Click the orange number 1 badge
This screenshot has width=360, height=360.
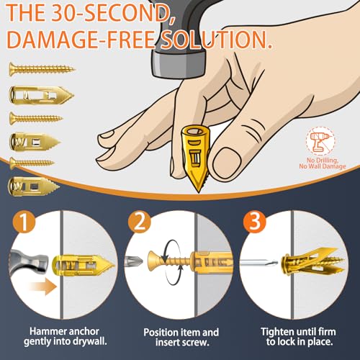point(24,221)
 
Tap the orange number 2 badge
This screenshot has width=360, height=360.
point(139,221)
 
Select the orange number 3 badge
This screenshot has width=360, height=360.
point(255,221)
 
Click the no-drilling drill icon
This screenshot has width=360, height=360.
point(320,141)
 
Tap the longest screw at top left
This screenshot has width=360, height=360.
point(42,69)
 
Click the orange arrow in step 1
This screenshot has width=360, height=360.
point(43,287)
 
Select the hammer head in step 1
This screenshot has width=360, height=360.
point(29,262)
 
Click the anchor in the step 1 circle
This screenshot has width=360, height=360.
point(84,266)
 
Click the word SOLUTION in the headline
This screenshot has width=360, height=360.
point(216,40)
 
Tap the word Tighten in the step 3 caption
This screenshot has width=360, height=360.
point(276,332)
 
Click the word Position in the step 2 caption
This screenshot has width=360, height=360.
point(161,333)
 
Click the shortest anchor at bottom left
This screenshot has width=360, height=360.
point(34,186)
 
